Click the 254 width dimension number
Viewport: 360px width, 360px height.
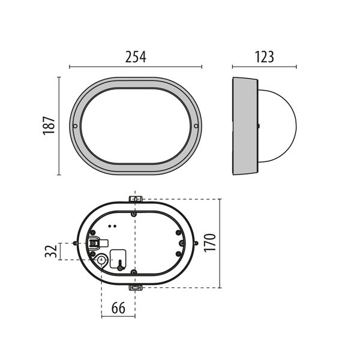point(136,57)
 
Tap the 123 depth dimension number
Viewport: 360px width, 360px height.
point(264,57)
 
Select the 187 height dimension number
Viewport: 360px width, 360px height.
point(49,125)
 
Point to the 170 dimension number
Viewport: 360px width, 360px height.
point(210,243)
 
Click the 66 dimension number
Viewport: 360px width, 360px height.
point(118,308)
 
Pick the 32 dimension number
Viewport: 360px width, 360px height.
point(51,251)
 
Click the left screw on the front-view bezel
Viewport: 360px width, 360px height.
point(75,126)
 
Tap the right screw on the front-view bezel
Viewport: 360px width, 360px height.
point(196,126)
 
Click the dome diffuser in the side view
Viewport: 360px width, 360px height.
point(277,126)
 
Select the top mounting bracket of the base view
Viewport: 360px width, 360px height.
point(136,199)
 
